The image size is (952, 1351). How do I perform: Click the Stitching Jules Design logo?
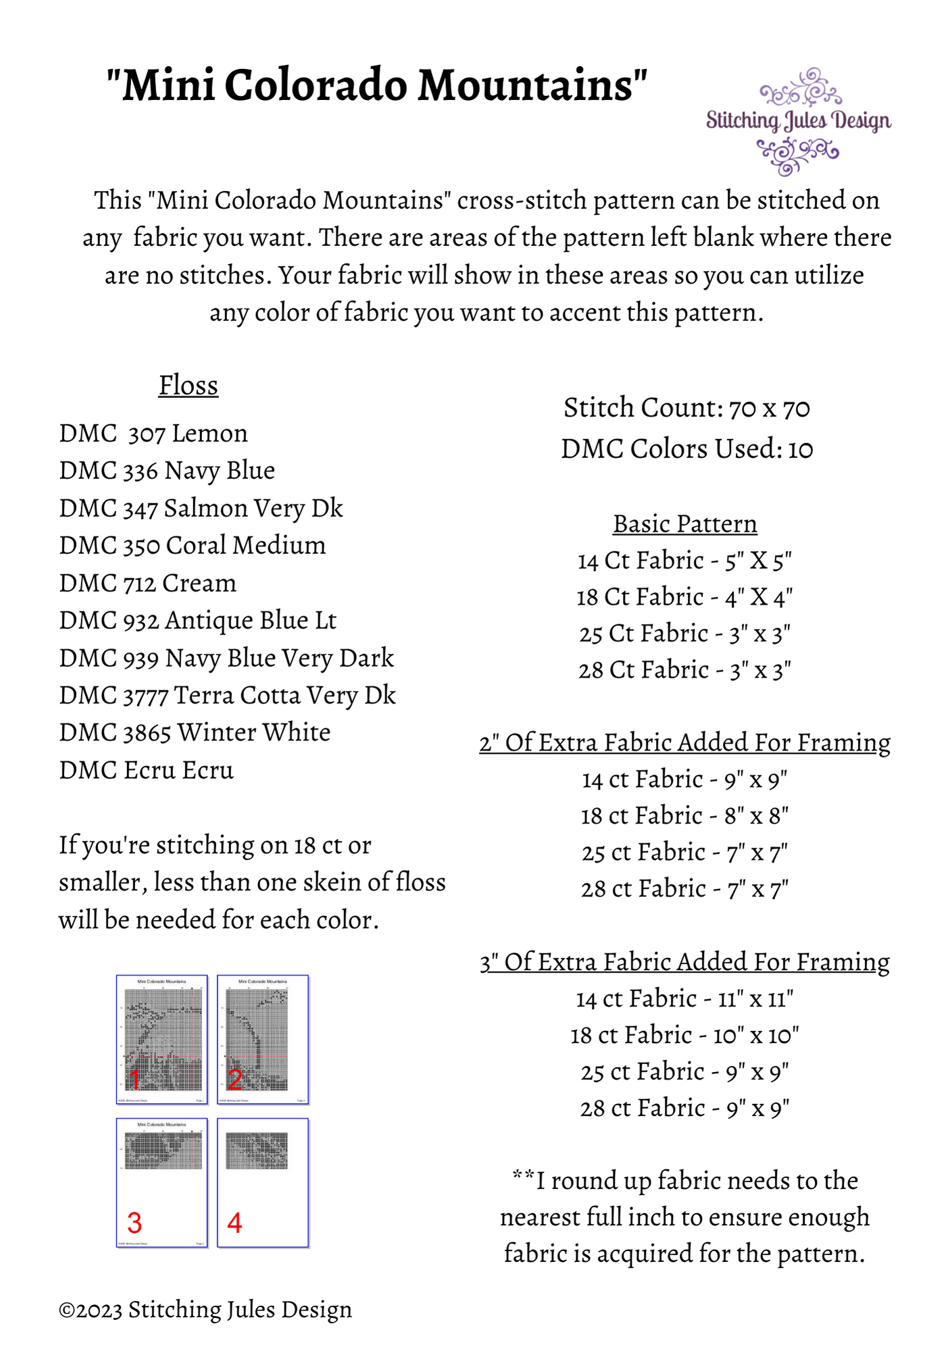coord(799,122)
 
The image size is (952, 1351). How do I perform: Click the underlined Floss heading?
coord(189,386)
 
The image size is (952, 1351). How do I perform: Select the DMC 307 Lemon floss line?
coord(153,434)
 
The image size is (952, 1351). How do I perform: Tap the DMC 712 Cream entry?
coord(148,584)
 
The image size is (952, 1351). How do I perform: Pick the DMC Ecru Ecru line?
coord(147,771)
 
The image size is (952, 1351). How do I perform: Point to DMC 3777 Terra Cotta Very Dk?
coord(227,696)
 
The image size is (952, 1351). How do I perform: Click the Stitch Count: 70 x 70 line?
coord(686,408)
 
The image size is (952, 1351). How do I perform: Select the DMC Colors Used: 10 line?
coord(686,449)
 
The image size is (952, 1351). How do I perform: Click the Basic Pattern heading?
coord(685,524)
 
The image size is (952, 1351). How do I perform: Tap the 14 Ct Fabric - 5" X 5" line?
coord(684,561)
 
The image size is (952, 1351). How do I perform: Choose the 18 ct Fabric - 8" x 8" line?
coord(684,816)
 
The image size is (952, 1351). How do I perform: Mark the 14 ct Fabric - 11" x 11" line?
coord(684,998)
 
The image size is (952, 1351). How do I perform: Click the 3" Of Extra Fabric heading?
coord(684,962)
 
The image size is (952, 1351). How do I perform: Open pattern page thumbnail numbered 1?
coord(161,1039)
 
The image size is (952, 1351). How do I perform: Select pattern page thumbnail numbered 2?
coord(263,1039)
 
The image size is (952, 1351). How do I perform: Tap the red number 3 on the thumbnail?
coord(134,1223)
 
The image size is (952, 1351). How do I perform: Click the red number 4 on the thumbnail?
coord(234,1223)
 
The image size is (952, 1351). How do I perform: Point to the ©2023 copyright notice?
coord(205,1310)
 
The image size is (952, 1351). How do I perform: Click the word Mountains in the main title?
coord(532,86)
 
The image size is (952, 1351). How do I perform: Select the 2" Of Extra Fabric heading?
coord(684,742)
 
